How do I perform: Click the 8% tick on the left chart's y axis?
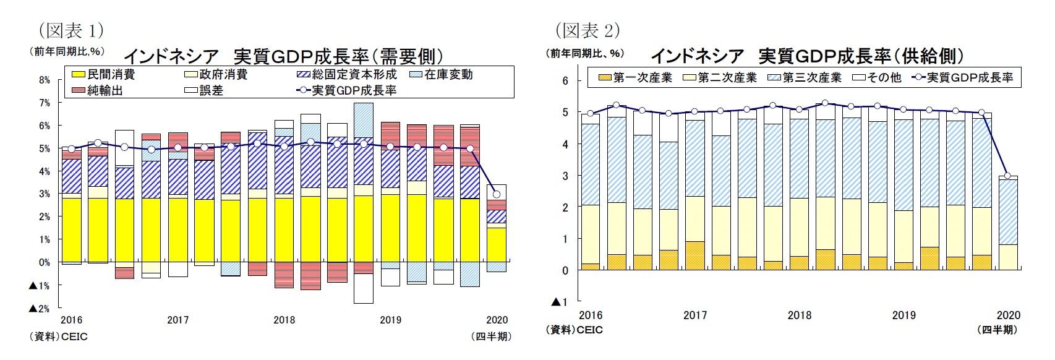(x=44, y=80)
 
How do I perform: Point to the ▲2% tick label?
(x=40, y=308)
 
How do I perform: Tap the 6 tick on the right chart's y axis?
(x=564, y=80)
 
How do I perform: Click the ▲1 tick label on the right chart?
(x=558, y=302)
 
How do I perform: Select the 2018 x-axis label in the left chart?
(x=284, y=320)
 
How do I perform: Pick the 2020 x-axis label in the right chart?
(x=1009, y=315)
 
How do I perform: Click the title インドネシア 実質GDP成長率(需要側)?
(x=284, y=57)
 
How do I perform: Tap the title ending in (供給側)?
(x=807, y=56)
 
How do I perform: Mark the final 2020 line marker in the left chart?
(x=497, y=195)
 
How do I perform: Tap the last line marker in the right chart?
(x=1007, y=176)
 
